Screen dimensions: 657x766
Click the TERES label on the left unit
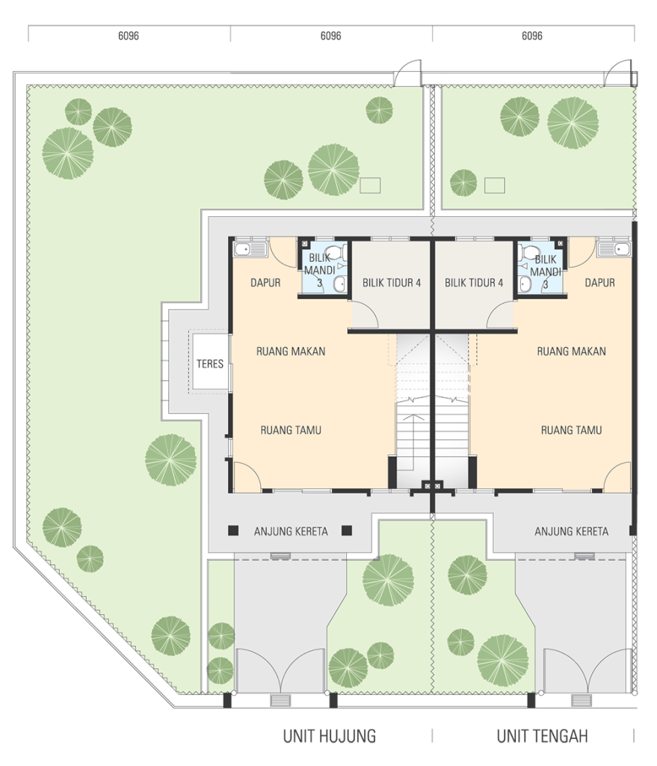tap(210, 364)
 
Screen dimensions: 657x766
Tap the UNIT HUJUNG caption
tap(330, 736)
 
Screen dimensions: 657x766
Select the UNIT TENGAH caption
tap(543, 736)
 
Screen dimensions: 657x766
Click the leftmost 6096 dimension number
tap(129, 36)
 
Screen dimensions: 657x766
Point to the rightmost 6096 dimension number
tap(532, 36)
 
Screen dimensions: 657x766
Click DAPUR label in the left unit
tap(265, 282)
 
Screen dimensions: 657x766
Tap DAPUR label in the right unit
tap(600, 282)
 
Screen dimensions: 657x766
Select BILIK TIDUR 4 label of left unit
tap(392, 282)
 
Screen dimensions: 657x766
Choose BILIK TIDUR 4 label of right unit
tap(474, 282)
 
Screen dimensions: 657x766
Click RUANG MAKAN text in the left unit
tap(291, 352)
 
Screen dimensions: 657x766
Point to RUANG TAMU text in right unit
tap(571, 430)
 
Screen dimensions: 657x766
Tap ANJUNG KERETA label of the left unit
tap(291, 531)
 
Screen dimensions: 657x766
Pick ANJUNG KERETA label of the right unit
tap(572, 531)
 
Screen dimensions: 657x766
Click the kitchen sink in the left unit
tap(250, 249)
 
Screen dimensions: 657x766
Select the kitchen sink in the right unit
tap(614, 249)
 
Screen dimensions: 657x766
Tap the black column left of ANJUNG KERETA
tap(233, 530)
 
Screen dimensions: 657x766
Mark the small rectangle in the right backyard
tap(495, 186)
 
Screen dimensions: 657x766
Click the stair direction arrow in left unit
tap(413, 440)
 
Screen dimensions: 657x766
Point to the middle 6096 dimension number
tap(331, 36)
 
